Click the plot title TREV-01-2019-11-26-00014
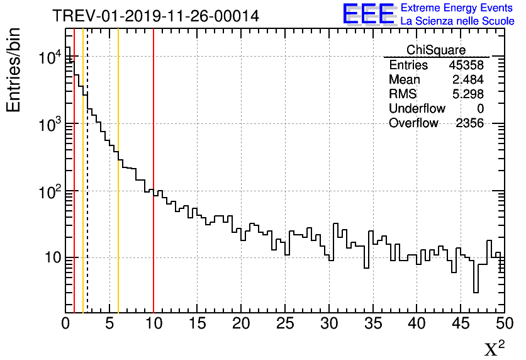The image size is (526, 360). click(x=155, y=16)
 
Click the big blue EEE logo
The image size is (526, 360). click(x=369, y=14)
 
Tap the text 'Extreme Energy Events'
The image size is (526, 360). click(x=457, y=8)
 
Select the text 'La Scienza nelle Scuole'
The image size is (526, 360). click(x=457, y=21)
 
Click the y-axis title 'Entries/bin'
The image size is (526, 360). click(x=13, y=70)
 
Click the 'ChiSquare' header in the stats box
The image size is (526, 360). click(x=435, y=50)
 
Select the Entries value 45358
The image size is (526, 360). click(x=466, y=65)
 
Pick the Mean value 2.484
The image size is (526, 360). click(x=467, y=80)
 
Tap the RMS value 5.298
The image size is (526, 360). click(x=467, y=94)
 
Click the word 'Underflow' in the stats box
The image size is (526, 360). click(x=417, y=109)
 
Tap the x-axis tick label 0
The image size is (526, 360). click(x=65, y=323)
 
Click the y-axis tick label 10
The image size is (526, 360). click(x=50, y=257)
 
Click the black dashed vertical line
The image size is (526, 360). click(x=87, y=189)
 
